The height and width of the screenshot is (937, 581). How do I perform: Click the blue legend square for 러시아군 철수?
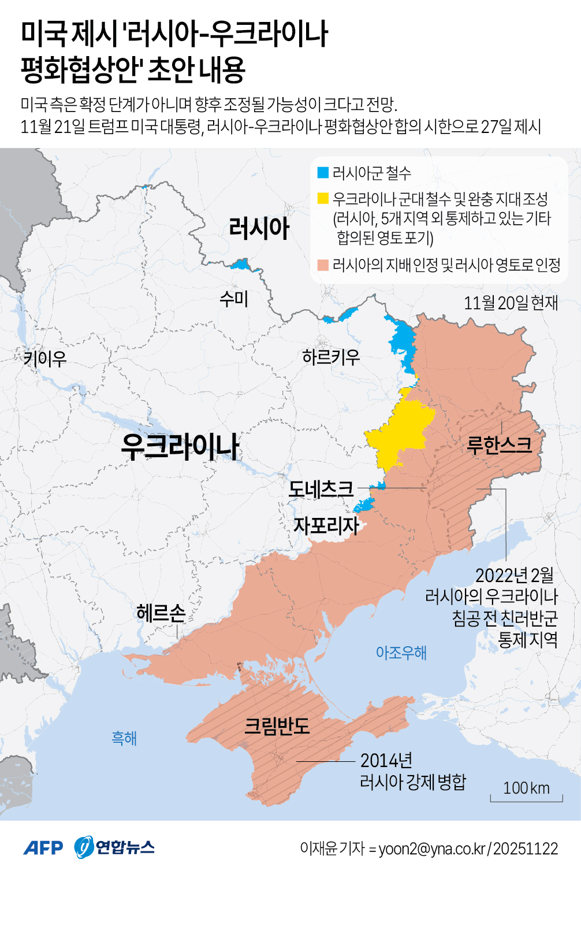tap(323, 173)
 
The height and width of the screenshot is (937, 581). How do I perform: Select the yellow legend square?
tap(323, 199)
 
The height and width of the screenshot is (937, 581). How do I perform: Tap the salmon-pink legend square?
tap(323, 265)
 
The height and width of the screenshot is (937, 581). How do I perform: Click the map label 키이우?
tap(44, 359)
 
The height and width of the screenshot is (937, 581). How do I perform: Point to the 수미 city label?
tap(234, 299)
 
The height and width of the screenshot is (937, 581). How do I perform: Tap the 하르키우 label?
tap(331, 357)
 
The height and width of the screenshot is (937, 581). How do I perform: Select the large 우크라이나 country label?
tap(180, 446)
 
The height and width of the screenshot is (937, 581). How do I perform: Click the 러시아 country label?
tap(259, 228)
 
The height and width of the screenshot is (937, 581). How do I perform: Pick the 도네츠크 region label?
tap(321, 489)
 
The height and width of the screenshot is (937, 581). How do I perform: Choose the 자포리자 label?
tap(326, 525)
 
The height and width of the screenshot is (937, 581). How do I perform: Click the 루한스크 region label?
tap(499, 445)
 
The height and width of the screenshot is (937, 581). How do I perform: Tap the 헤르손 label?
tap(161, 613)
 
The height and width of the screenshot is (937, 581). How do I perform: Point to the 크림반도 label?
tap(277, 726)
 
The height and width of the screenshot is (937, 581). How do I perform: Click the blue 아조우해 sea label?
tap(401, 653)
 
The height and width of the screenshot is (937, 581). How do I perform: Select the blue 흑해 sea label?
tap(124, 738)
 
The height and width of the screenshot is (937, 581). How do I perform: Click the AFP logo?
tap(43, 848)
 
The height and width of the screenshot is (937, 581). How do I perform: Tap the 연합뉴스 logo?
tap(115, 847)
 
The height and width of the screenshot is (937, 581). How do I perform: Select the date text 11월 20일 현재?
tap(511, 302)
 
